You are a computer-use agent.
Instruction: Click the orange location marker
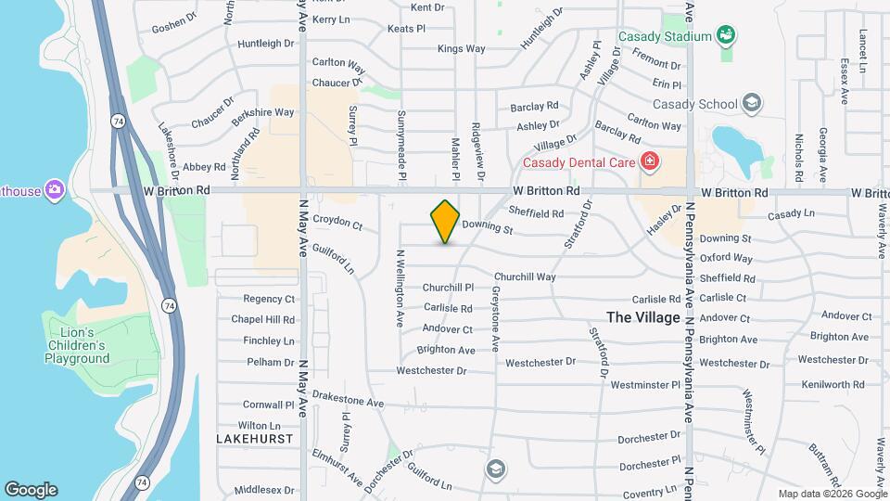pyautogui.click(x=445, y=221)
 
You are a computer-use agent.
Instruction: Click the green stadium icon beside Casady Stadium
pyautogui.click(x=727, y=36)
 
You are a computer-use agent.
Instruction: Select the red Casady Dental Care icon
pyautogui.click(x=649, y=162)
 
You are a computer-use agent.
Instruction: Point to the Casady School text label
pyautogui.click(x=695, y=104)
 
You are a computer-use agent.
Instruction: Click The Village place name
pyautogui.click(x=643, y=317)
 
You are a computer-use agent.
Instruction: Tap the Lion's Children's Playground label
pyautogui.click(x=76, y=345)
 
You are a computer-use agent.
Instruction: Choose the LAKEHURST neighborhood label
pyautogui.click(x=255, y=438)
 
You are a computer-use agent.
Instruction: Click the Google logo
pyautogui.click(x=30, y=490)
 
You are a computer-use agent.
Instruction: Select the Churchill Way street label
pyautogui.click(x=525, y=276)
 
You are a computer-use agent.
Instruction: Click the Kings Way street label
pyautogui.click(x=461, y=48)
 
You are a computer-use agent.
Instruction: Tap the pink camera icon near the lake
pyautogui.click(x=55, y=189)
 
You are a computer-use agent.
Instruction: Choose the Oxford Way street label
pyautogui.click(x=726, y=258)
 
